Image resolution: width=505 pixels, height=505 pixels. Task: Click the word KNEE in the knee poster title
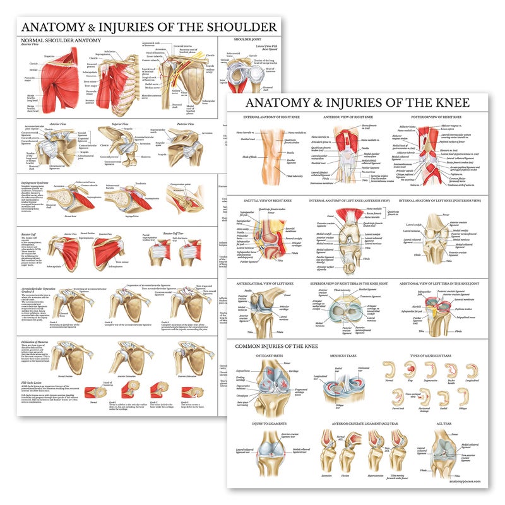coord(446,102)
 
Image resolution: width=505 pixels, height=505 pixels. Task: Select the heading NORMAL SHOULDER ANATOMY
coord(60,40)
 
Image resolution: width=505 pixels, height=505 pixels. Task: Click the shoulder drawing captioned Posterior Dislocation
coord(189,357)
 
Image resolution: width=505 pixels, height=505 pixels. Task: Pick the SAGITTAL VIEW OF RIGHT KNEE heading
coord(268,201)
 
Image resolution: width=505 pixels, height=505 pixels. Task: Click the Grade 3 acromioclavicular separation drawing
coord(189,306)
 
